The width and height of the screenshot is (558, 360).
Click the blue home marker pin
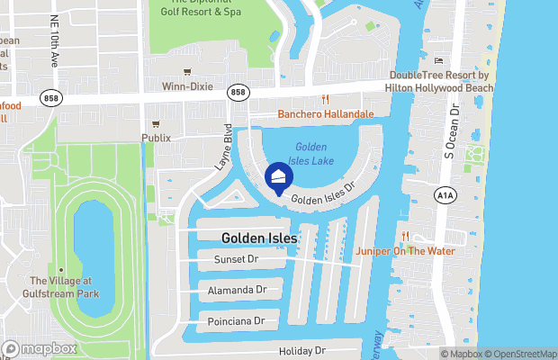pos(279,175)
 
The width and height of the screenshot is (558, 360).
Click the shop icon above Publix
pos(156,123)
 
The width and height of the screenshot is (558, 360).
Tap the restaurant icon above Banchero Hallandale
pos(326,100)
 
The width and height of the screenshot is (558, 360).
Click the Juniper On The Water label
pos(405,251)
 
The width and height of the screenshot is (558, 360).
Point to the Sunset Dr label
pos(236,259)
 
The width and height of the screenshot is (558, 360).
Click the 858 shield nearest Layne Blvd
pos(238,92)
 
